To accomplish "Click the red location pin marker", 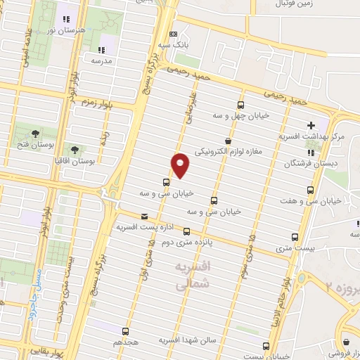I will (x=181, y=165).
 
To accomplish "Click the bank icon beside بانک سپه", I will (x=174, y=33).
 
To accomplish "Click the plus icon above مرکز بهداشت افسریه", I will (x=311, y=125).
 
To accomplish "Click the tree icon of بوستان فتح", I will (x=35, y=133).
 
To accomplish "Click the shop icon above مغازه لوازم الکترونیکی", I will (x=227, y=141).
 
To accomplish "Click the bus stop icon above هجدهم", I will (x=126, y=330).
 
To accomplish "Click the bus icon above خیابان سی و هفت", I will (x=311, y=189).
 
